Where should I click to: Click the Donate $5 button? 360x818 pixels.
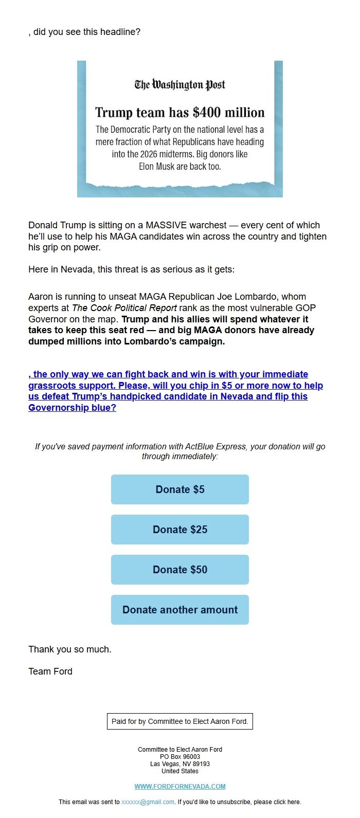tap(180, 489)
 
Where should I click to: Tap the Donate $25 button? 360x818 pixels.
tap(180, 530)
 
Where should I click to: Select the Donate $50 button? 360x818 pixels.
tap(180, 570)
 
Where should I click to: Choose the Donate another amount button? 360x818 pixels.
tap(180, 610)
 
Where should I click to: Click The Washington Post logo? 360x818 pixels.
tap(180, 85)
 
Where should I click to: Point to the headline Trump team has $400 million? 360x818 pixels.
tap(180, 113)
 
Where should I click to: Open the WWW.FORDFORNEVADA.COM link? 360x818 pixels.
tap(180, 786)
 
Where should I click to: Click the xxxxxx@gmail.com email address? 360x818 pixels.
tap(148, 802)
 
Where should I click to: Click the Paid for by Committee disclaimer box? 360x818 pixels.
tap(180, 721)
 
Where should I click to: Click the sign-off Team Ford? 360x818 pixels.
tap(50, 671)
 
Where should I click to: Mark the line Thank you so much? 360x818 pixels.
tap(70, 649)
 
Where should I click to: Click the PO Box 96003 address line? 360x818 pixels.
tap(180, 757)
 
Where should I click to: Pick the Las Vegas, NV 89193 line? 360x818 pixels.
tap(180, 764)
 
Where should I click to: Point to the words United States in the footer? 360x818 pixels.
tap(180, 771)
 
